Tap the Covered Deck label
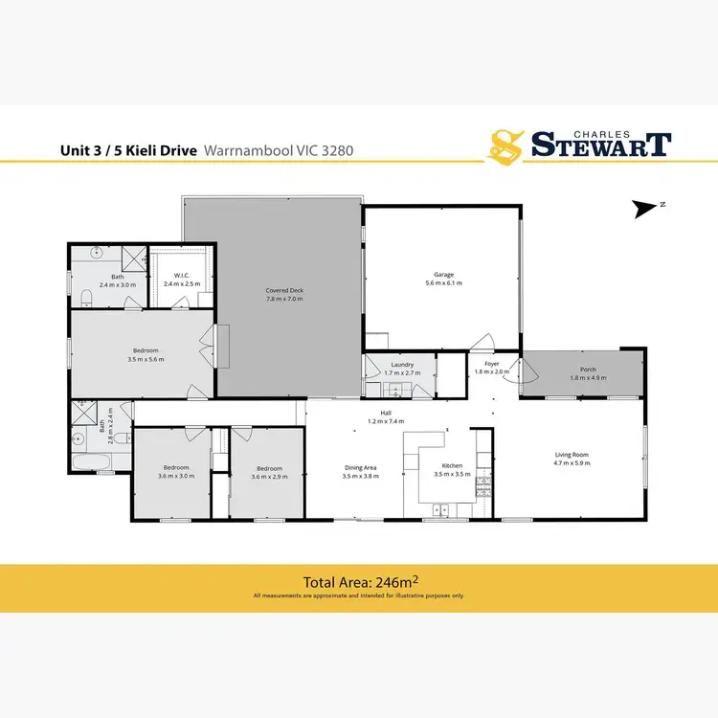(x=284, y=291)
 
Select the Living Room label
(x=572, y=454)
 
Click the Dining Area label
(x=361, y=467)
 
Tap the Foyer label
(x=492, y=364)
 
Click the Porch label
(x=588, y=369)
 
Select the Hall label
(x=387, y=414)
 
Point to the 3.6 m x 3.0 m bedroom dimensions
(x=175, y=476)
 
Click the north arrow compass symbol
(x=645, y=206)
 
